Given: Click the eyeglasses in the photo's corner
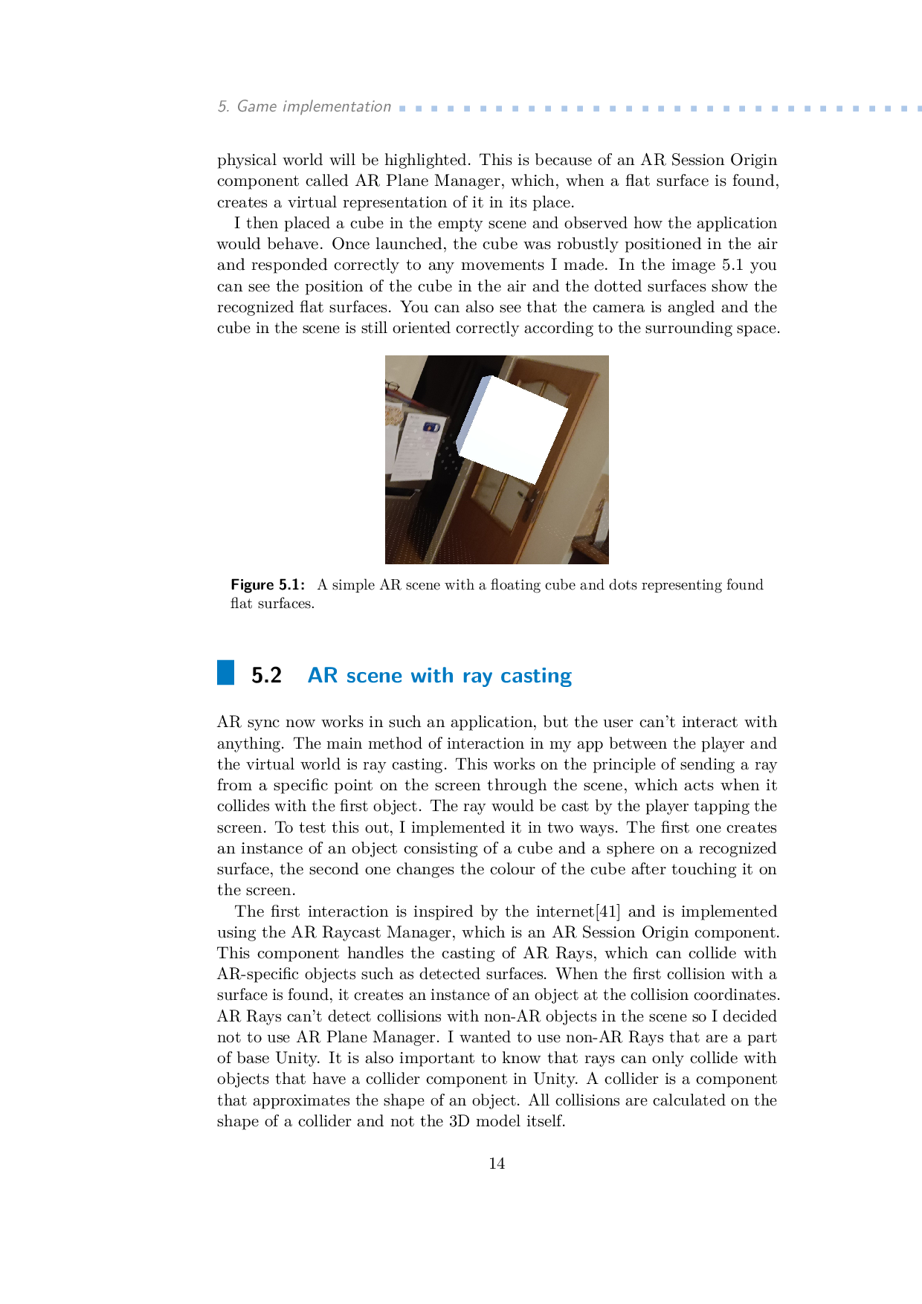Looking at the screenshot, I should [392, 387].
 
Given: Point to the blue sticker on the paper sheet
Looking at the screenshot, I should [431, 427].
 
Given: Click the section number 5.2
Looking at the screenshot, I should [266, 675].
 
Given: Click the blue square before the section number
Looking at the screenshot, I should [225, 672].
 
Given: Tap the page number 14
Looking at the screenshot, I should [497, 1163].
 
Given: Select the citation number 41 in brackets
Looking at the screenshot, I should [609, 911].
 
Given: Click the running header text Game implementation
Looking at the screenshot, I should [314, 106].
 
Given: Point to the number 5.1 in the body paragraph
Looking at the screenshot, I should [732, 265].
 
